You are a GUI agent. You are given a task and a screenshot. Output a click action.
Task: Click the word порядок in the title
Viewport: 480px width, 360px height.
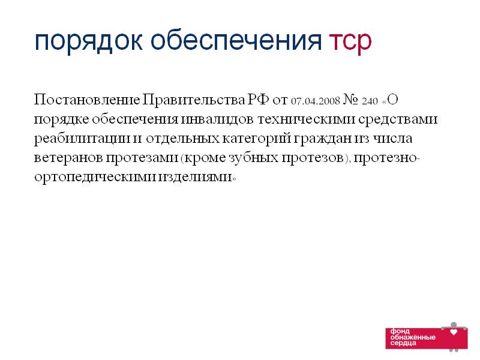(x=88, y=42)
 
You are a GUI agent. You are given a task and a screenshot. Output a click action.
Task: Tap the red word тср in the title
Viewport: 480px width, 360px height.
(x=350, y=42)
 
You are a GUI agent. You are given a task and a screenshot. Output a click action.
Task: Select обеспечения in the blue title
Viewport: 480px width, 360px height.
(x=236, y=41)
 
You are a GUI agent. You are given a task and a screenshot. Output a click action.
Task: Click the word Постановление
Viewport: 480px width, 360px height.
(x=87, y=100)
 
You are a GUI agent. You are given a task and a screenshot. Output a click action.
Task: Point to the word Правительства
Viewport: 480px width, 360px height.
(x=194, y=100)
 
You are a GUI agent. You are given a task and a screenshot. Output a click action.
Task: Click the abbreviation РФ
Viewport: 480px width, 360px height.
(x=259, y=100)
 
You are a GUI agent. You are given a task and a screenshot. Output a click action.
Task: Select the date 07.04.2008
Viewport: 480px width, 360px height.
(x=316, y=101)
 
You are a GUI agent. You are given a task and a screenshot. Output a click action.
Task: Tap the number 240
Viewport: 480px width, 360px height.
(x=370, y=101)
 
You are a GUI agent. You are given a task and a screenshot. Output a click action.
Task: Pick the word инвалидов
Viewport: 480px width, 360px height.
(x=217, y=119)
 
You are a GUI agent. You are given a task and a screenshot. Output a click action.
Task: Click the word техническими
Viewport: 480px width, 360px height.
(x=307, y=119)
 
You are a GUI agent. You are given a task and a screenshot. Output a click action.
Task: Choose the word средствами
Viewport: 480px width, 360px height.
(x=398, y=120)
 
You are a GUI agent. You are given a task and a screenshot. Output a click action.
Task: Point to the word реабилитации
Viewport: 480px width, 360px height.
(x=82, y=139)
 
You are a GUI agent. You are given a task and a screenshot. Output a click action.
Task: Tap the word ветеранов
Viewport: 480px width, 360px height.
(x=68, y=158)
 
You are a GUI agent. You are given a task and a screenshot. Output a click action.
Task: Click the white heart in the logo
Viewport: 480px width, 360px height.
(x=454, y=332)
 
